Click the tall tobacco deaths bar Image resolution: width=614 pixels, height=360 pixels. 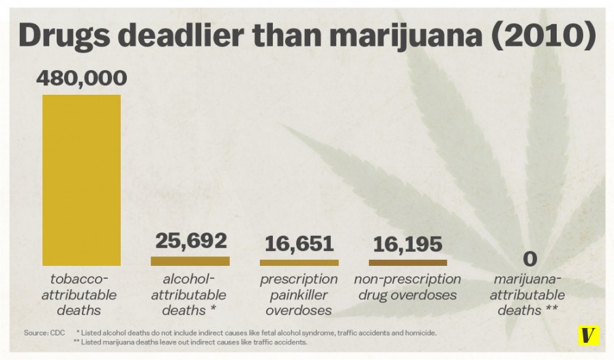point(81,180)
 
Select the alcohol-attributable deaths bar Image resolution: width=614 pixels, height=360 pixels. point(190,260)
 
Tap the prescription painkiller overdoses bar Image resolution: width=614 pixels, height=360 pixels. point(299,262)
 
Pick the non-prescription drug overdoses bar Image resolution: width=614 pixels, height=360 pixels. point(408,262)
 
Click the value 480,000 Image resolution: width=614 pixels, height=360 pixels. point(81,79)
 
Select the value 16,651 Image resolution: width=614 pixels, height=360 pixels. point(299,243)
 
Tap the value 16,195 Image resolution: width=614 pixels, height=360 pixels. point(408,243)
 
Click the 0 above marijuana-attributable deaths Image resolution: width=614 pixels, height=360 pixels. point(530,260)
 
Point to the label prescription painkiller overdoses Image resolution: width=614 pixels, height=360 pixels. point(299,295)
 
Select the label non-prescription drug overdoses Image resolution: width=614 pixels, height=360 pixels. point(408,287)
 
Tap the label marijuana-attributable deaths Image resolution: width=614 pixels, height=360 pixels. point(530,295)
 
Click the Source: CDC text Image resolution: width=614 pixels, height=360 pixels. point(44,333)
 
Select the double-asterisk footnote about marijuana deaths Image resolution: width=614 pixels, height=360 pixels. point(194,342)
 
